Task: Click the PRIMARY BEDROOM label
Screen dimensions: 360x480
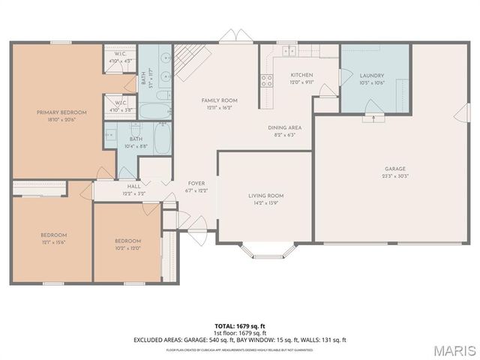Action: coord(61,112)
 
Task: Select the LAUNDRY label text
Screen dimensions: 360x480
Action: coord(371,76)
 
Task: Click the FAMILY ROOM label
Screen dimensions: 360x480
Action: coord(219,100)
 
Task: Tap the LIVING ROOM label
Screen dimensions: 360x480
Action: coord(266,195)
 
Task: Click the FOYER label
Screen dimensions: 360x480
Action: coord(196,183)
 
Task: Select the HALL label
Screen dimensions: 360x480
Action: coord(133,186)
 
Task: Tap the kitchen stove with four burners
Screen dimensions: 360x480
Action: coord(266,81)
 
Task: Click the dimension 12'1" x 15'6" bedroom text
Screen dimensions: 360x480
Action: coord(53,242)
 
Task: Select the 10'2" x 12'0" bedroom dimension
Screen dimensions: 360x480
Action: coord(127,248)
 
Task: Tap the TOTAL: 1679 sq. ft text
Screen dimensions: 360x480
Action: coord(240,325)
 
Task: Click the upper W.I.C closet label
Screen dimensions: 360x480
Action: coord(120,53)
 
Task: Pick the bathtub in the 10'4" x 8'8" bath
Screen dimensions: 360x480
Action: coord(162,139)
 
